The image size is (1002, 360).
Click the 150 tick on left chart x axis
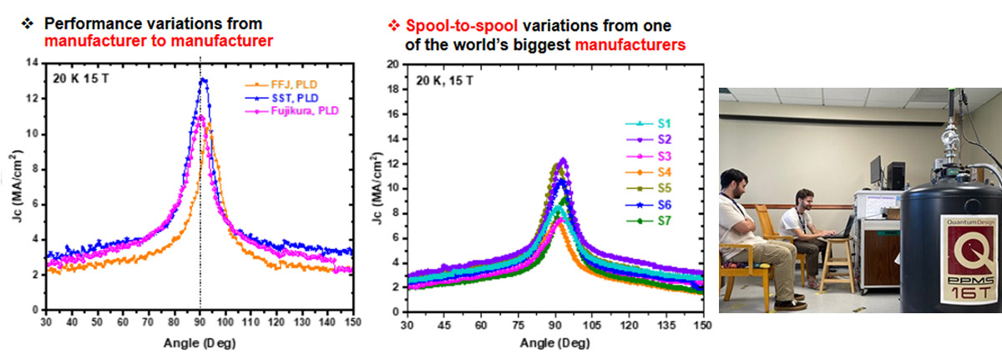click(352, 321)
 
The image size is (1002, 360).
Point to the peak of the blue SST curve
click(203, 80)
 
